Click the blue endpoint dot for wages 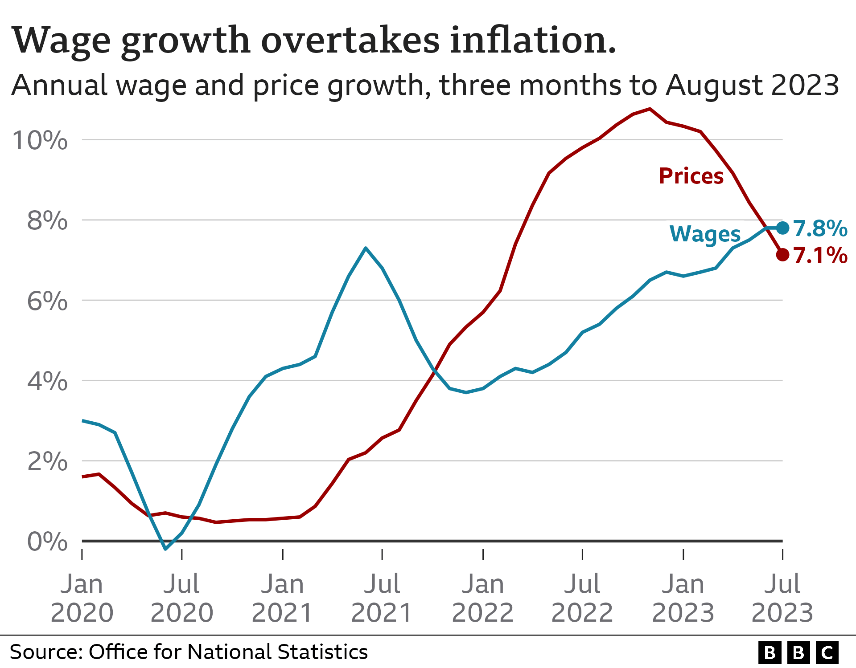click(x=782, y=228)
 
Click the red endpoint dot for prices click(x=782, y=255)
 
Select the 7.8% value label click(x=820, y=228)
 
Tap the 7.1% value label click(x=820, y=256)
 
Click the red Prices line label click(x=691, y=176)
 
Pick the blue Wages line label click(x=705, y=234)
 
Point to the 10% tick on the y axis click(x=40, y=140)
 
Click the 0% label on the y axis click(x=47, y=542)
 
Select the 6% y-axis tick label click(x=47, y=301)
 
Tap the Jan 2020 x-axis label click(x=82, y=598)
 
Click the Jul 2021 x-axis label click(x=382, y=598)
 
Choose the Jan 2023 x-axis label click(x=683, y=598)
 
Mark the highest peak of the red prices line click(x=650, y=109)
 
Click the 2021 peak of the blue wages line click(x=366, y=248)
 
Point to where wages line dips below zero click(x=165, y=548)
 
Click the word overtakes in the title click(x=350, y=40)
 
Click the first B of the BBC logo click(x=770, y=652)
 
